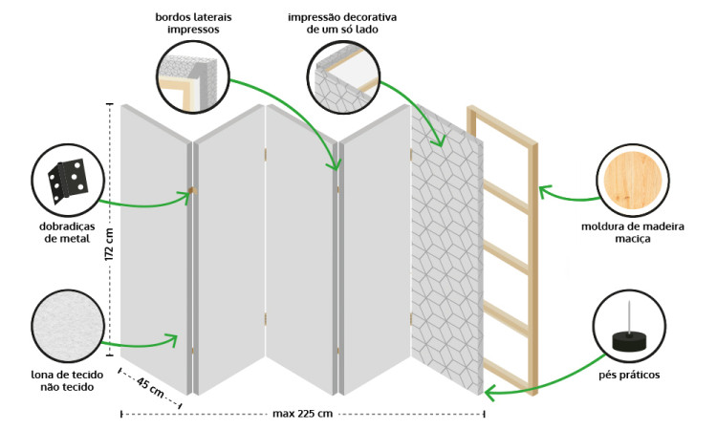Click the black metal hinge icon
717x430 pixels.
point(66,179)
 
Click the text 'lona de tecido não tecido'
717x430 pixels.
point(66,380)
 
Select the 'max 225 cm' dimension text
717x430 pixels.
point(302,414)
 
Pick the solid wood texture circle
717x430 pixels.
point(631,181)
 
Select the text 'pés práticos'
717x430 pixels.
point(629,375)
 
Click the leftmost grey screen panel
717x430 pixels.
point(153,248)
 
